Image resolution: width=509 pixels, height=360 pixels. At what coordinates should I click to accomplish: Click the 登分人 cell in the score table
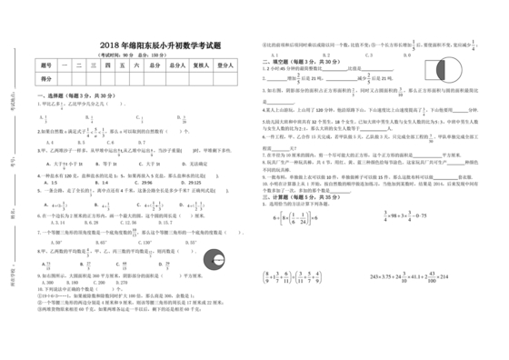(225, 66)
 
